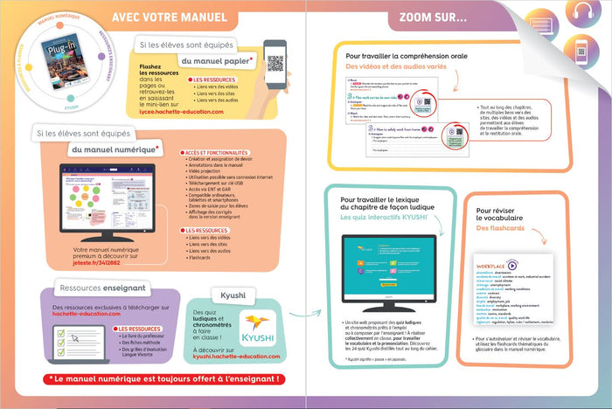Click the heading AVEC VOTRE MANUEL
click(x=170, y=17)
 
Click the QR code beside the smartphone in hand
click(x=275, y=63)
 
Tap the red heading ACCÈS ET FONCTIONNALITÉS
click(x=214, y=152)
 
